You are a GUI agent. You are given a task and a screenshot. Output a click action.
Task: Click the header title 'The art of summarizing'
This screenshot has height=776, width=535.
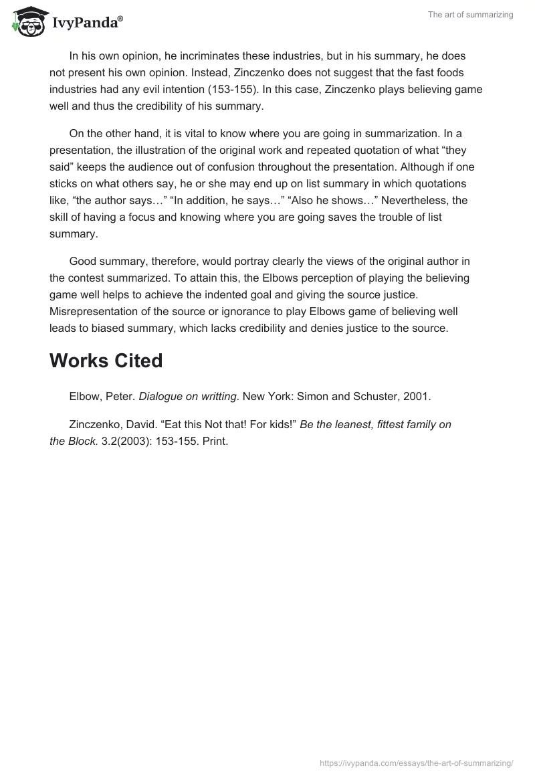click(470, 15)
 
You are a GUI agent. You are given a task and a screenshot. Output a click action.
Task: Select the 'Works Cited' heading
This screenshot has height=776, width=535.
click(106, 361)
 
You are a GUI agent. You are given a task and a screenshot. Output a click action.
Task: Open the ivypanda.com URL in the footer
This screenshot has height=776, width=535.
click(416, 762)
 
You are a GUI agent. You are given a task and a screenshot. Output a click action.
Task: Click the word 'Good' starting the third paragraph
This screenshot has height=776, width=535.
click(82, 262)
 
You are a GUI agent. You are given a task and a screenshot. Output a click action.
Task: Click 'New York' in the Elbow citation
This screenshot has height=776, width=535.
click(265, 397)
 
